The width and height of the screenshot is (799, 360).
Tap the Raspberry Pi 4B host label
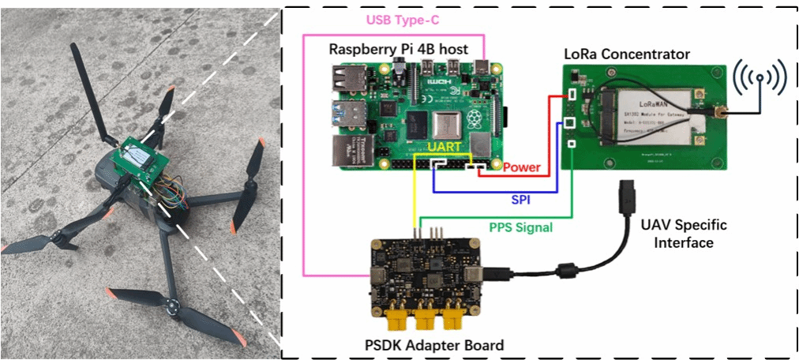(399, 50)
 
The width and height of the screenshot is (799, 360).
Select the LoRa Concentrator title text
(627, 54)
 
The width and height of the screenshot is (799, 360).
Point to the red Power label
(521, 167)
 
